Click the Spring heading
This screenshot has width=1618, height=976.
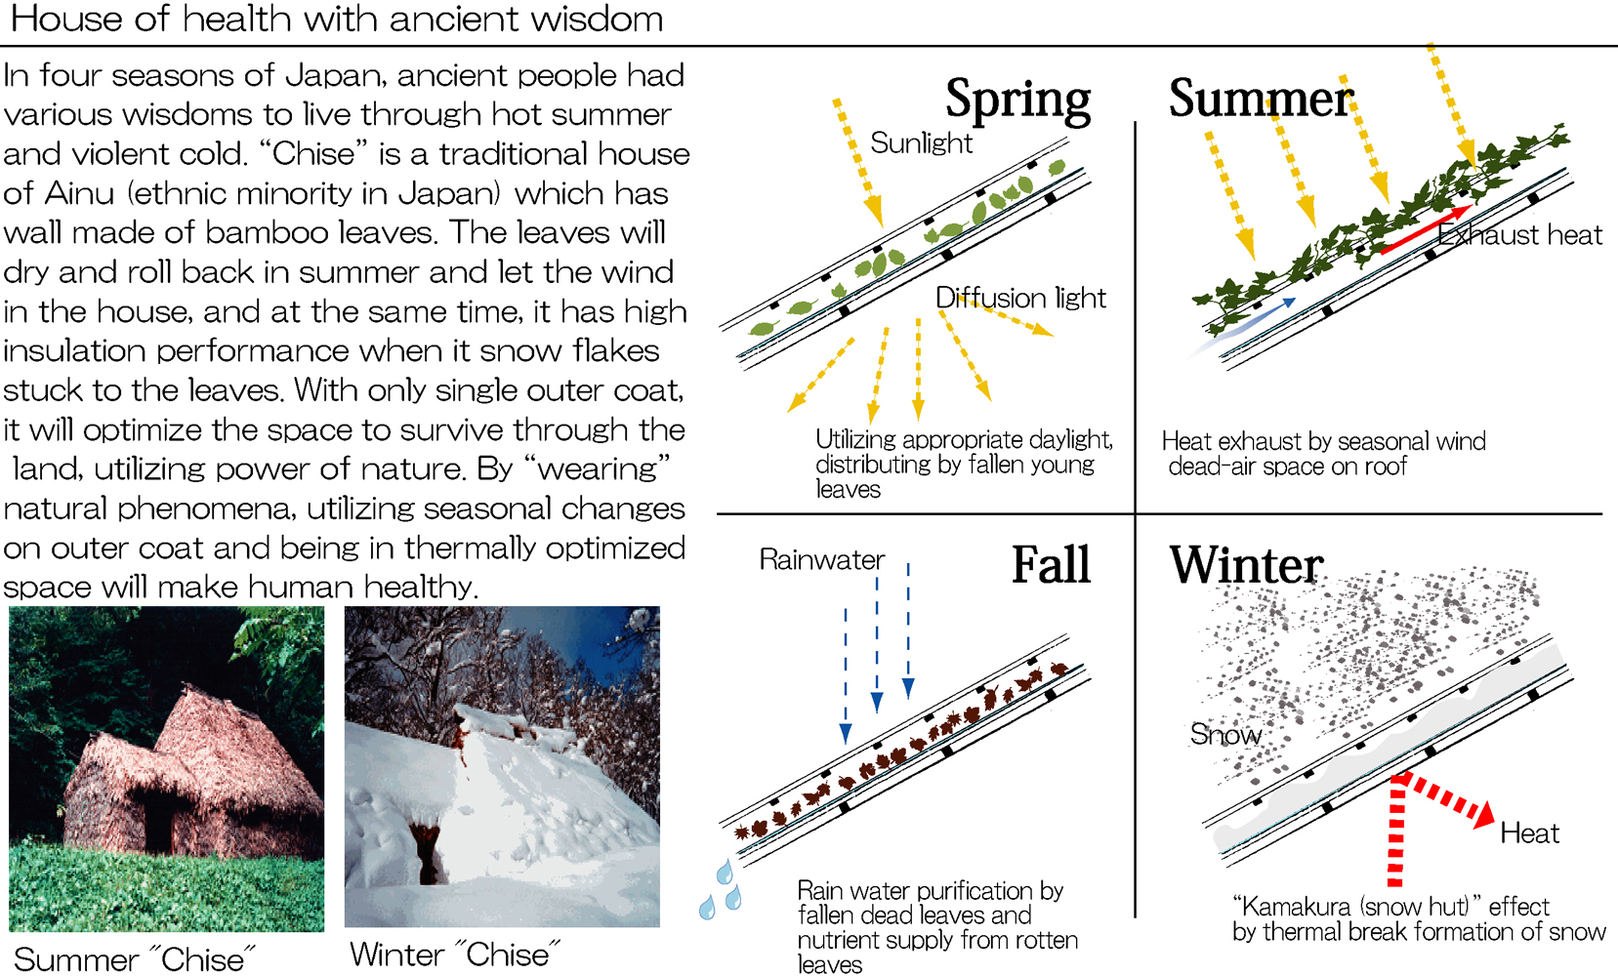1017,100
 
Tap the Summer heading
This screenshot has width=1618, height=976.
1262,99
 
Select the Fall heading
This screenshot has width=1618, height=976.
1051,564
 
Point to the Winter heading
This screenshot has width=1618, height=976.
1247,564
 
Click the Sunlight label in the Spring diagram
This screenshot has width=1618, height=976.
921,142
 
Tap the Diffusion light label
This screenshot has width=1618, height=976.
1020,298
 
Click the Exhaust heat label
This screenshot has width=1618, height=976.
1519,234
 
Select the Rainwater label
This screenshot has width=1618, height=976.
821,559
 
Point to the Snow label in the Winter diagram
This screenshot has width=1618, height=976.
1225,734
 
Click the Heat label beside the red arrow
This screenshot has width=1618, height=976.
1529,834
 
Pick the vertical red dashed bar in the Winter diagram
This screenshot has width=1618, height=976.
1396,832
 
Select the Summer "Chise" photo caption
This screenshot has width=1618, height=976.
135,959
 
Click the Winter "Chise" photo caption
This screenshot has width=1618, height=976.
455,955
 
